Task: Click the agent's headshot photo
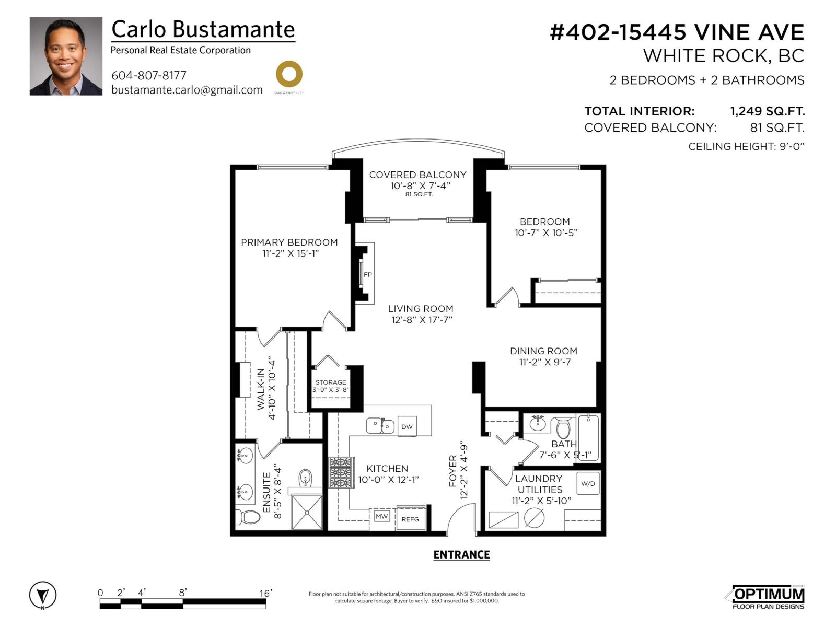pos(66,56)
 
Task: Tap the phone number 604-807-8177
pos(149,75)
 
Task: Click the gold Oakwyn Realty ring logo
pos(289,74)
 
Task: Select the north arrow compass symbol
pos(43,595)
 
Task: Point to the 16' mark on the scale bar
pos(265,593)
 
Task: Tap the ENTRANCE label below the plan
pos(461,555)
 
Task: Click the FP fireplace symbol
pos(367,274)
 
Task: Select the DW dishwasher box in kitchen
pos(407,426)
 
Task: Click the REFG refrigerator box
pos(410,518)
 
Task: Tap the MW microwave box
pos(382,516)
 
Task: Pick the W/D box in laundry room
pos(588,483)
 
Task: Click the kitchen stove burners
pos(340,472)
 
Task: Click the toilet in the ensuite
pos(248,517)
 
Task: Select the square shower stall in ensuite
pos(307,513)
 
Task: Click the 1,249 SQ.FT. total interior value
pos(767,111)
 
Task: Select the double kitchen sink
pos(380,426)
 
